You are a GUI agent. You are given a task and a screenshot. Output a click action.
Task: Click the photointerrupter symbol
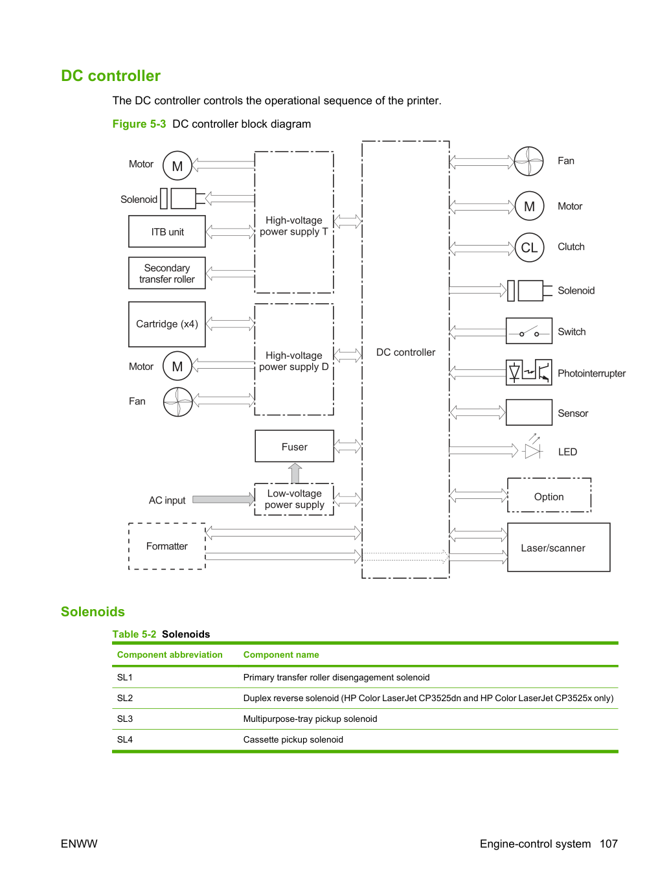coord(528,372)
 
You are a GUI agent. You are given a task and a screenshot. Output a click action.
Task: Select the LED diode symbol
coord(532,447)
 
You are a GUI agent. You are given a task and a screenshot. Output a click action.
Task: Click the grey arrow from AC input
coord(223,500)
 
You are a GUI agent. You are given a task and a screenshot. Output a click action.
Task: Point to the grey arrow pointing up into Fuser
coord(295,473)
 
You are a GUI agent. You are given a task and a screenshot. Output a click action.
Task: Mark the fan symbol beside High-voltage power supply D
coord(177,402)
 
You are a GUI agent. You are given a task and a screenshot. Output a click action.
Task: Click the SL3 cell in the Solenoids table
coord(125,719)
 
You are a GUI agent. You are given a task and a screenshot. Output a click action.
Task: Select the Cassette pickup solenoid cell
coord(293,739)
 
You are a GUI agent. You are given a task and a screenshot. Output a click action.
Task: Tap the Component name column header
coord(280,654)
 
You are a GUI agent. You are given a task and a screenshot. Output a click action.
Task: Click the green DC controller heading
coord(111,76)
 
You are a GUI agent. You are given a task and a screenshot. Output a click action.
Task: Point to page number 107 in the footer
coord(609,844)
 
